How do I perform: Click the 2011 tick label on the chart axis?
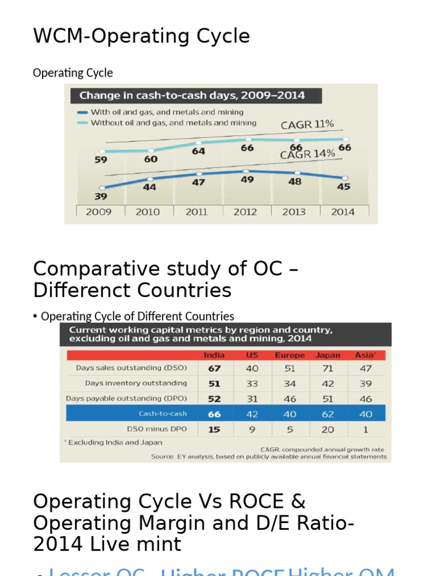coord(196,212)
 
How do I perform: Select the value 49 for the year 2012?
coord(247,180)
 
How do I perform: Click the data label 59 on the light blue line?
coord(101,159)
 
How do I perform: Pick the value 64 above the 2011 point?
coord(199,151)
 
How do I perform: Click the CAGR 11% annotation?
coord(307,124)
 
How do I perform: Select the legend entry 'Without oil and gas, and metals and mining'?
coord(173,123)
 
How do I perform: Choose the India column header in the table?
coord(214,355)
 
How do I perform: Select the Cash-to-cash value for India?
coord(214,414)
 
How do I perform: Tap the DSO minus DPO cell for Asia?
coord(366,429)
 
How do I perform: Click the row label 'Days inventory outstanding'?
coord(136,383)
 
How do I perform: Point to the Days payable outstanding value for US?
coord(252,398)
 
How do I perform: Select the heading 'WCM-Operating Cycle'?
coord(141,36)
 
